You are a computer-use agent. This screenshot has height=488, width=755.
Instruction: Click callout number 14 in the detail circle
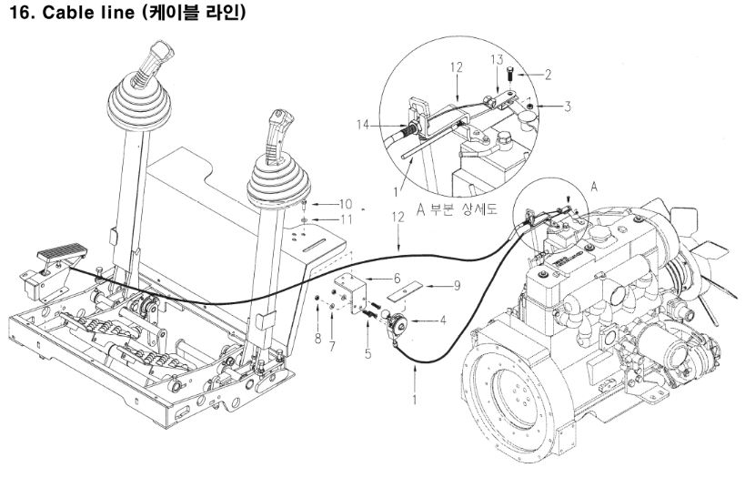click(x=363, y=125)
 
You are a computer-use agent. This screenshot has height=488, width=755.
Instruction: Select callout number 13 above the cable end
click(x=497, y=59)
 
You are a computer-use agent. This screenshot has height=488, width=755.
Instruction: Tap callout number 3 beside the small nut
click(x=568, y=107)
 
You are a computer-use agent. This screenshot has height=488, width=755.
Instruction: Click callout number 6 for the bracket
click(x=397, y=278)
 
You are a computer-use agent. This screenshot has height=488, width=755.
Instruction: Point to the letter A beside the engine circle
click(x=594, y=186)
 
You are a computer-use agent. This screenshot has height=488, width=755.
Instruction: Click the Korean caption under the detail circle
click(x=457, y=210)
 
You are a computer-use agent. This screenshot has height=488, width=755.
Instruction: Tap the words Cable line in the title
click(x=88, y=12)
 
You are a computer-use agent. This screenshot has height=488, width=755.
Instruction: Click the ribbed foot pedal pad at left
click(x=62, y=251)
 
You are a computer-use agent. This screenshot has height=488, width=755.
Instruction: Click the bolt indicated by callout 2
click(x=509, y=76)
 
